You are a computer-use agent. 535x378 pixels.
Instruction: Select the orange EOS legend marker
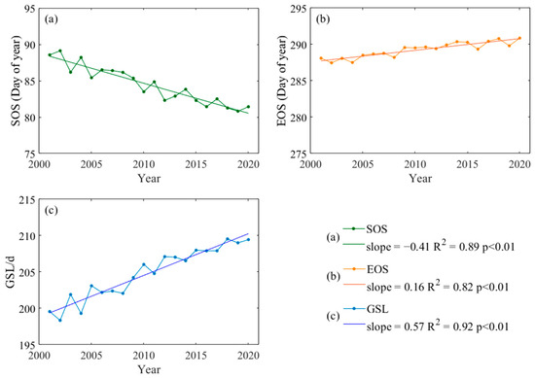point(373,283)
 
